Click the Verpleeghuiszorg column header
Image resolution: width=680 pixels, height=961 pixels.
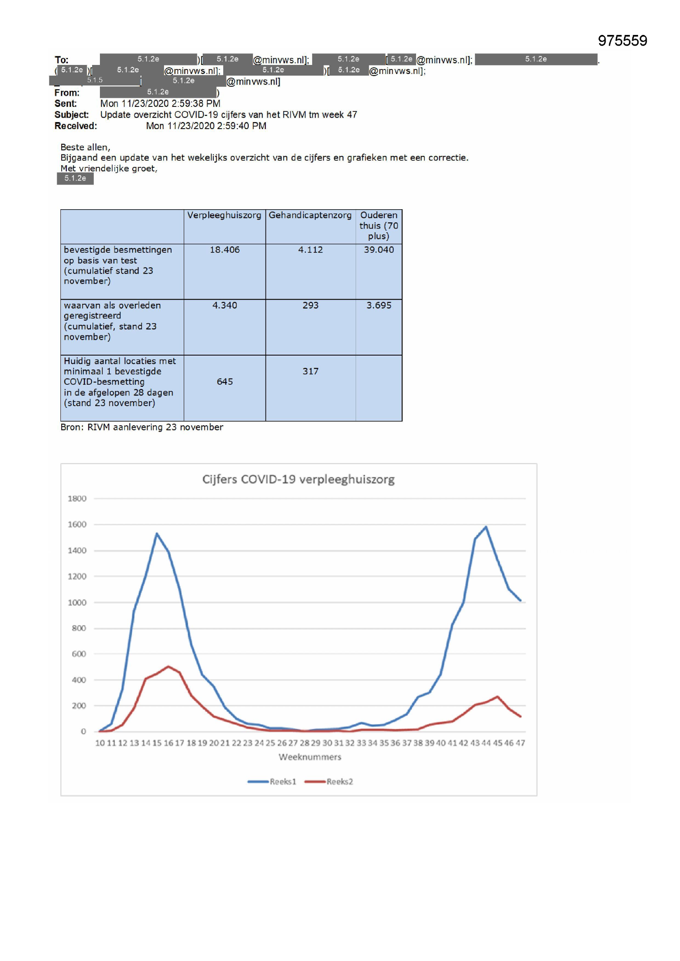(x=224, y=215)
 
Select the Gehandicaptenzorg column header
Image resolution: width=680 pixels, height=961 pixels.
(x=310, y=215)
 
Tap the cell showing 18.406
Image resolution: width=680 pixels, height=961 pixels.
(x=224, y=250)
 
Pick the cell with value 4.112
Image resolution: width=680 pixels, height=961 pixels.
(x=310, y=250)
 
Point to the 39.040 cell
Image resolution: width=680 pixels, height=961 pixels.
(x=379, y=250)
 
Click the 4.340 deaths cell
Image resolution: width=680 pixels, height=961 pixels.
(x=224, y=305)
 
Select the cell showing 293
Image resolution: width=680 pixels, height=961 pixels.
(x=310, y=305)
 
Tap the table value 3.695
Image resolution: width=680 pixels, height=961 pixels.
(x=379, y=305)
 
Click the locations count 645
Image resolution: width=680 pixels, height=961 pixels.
(x=224, y=382)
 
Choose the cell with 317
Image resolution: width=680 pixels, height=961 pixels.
(x=310, y=371)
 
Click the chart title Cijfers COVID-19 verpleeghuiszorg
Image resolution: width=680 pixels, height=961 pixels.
(x=298, y=479)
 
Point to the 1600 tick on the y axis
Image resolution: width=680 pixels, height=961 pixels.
(x=77, y=524)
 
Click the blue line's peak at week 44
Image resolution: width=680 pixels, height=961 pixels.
(x=486, y=527)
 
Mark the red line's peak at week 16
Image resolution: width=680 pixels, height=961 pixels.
(x=168, y=666)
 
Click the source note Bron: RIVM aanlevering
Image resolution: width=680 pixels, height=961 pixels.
(x=141, y=427)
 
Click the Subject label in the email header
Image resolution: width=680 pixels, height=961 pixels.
(x=71, y=115)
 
